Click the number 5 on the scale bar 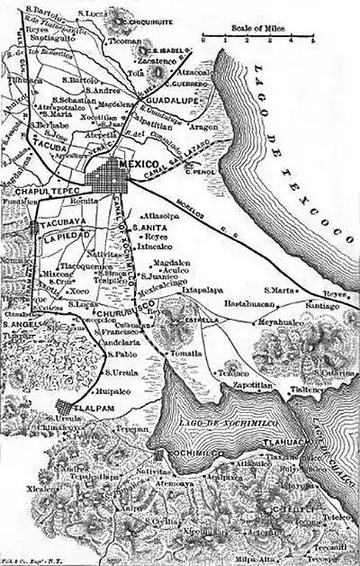click(x=313, y=40)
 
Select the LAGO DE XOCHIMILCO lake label click(x=222, y=409)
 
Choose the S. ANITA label click(x=148, y=228)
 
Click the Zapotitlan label click(x=252, y=382)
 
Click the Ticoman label click(x=122, y=41)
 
